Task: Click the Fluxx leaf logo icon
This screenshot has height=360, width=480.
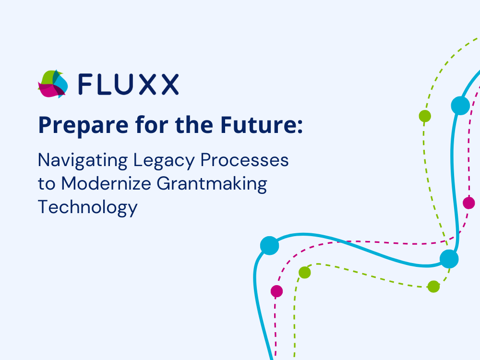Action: click(x=53, y=84)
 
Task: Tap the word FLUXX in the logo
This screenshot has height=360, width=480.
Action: click(x=128, y=84)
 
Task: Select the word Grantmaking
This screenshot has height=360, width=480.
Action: click(x=220, y=184)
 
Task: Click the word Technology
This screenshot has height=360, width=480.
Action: click(x=87, y=207)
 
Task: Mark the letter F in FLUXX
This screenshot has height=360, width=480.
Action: click(x=84, y=84)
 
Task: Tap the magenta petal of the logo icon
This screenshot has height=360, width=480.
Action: click(x=47, y=90)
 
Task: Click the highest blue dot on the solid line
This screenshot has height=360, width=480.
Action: click(x=460, y=106)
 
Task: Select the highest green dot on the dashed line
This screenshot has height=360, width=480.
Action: click(x=425, y=116)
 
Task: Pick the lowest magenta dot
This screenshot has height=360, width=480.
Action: click(x=276, y=291)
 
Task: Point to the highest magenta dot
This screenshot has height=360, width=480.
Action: click(x=469, y=203)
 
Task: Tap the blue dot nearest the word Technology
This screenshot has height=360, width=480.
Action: click(x=269, y=245)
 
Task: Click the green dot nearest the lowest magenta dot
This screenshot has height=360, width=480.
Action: click(x=305, y=273)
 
